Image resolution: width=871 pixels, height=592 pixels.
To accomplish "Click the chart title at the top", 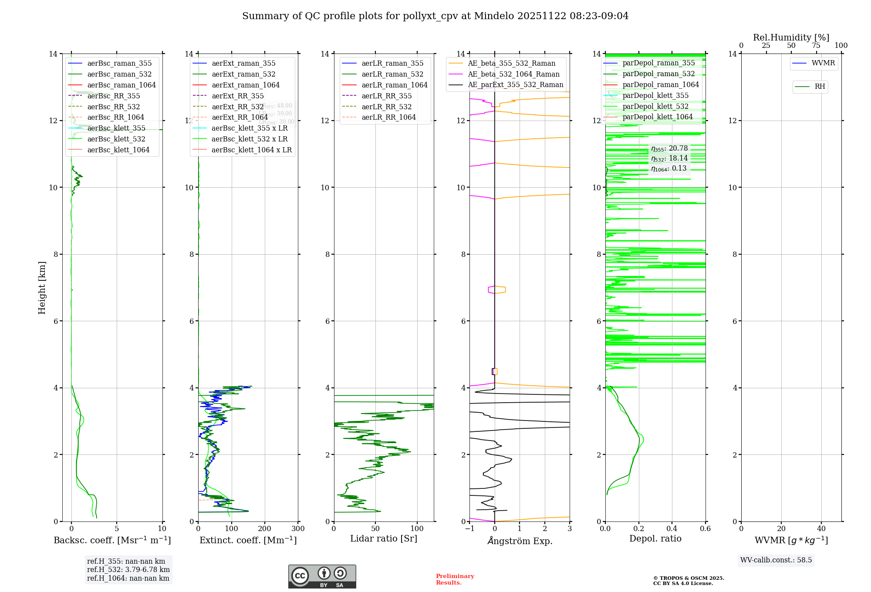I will pos(435,16).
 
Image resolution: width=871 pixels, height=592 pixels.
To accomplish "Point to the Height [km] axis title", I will pos(42,287).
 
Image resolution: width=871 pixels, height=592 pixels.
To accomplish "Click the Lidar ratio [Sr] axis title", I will pos(383,538).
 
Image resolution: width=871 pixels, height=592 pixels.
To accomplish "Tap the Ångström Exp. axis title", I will pos(520,541).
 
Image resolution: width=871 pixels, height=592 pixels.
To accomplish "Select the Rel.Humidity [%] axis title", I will pos(791,37).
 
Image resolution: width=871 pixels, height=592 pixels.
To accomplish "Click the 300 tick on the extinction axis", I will pos(298,529).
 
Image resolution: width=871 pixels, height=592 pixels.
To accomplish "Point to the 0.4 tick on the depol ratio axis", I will pos(672,529).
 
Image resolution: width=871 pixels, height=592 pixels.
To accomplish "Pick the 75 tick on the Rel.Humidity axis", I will pos(816,46).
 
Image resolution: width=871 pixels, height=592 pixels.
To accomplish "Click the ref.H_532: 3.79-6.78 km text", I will pos(128,569).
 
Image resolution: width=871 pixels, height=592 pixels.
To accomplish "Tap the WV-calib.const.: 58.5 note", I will pos(776,560).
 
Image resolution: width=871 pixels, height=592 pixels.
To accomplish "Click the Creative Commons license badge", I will pos(322,576).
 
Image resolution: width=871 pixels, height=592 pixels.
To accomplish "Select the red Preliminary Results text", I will pos(455,579).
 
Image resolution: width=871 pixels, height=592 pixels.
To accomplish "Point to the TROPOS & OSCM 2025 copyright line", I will pos(688,578).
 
